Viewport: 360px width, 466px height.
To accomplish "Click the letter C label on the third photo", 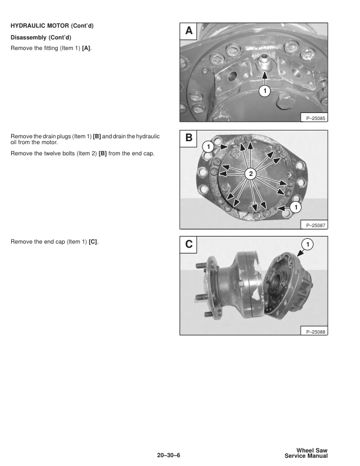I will tap(188, 244).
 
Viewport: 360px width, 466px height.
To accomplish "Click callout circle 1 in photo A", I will tap(265, 91).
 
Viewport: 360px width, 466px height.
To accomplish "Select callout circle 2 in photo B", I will tap(250, 173).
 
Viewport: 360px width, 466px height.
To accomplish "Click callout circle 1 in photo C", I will tap(306, 243).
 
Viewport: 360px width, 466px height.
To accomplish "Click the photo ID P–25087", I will tap(315, 225).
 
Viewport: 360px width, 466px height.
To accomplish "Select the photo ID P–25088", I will tap(315, 332).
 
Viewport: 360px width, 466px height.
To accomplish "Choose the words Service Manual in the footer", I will tap(306, 457).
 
